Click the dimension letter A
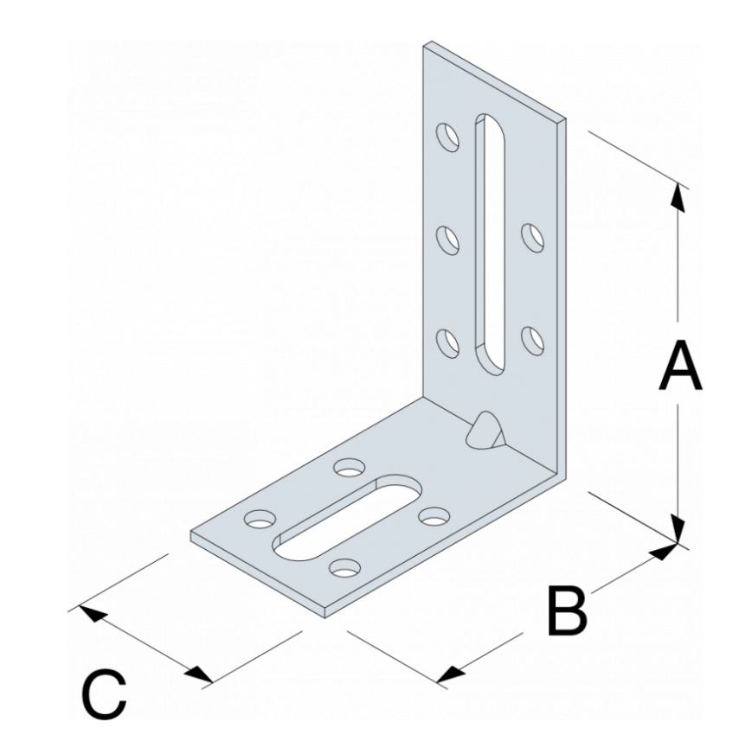click(679, 367)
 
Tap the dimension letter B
click(567, 610)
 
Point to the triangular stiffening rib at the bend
click(484, 429)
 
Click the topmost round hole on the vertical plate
click(447, 137)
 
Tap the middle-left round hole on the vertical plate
click(447, 238)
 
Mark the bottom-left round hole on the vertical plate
click(447, 340)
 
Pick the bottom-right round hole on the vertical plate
click(531, 336)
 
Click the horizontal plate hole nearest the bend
click(350, 468)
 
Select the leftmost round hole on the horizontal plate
click(259, 519)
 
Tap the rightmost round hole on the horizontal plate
click(432, 516)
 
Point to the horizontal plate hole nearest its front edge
click(344, 568)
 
